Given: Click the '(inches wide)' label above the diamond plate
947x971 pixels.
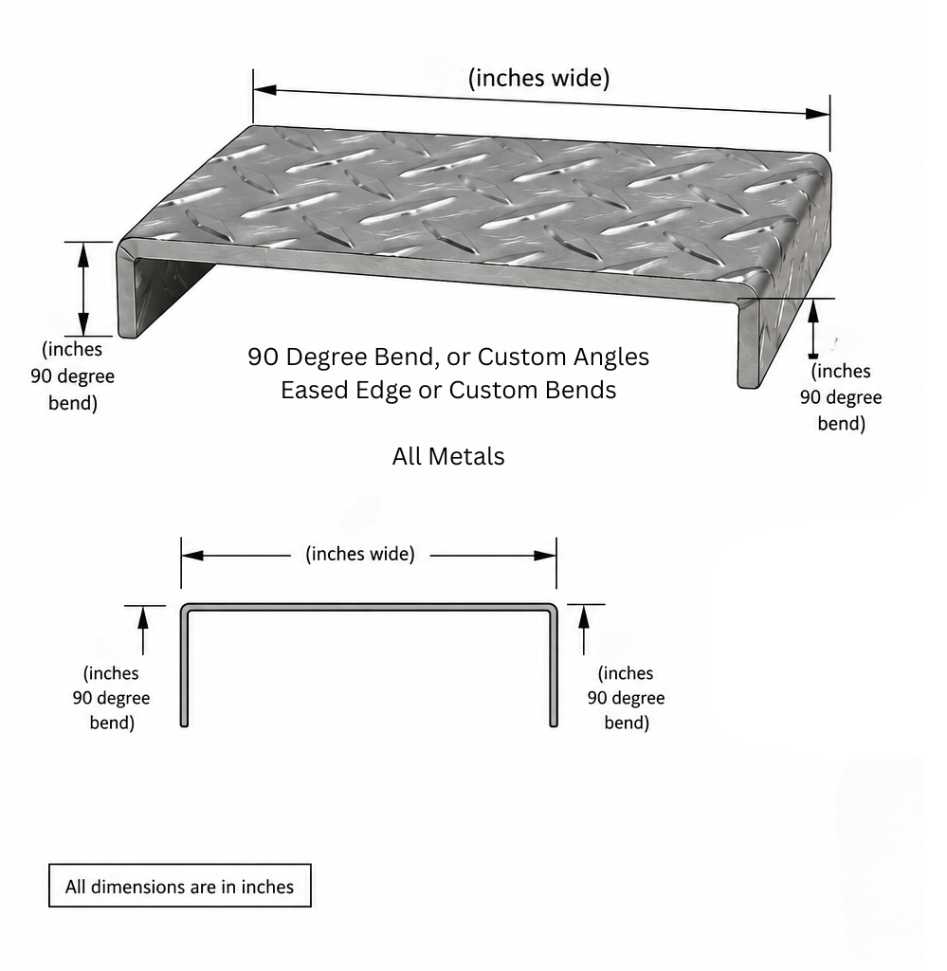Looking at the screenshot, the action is pos(538,78).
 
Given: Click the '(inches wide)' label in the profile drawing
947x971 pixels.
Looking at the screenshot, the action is pos(360,554).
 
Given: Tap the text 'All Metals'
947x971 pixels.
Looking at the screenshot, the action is pos(448,456).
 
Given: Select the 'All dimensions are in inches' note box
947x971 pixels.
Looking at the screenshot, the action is pos(179,886).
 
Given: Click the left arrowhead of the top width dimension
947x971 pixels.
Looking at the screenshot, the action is pos(264,90).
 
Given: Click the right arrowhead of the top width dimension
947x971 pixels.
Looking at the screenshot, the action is pos(818,114).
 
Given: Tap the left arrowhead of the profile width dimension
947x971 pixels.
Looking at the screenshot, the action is pos(192,556).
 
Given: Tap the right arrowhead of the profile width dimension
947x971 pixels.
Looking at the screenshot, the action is pos(545,556).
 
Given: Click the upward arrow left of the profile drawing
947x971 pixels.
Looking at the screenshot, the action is pos(143,631).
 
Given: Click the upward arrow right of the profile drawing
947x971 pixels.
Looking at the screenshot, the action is pos(583,631).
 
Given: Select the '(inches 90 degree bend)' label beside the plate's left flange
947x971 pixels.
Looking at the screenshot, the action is pos(72,376).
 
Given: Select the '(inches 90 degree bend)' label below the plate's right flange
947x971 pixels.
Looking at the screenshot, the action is pos(841,397).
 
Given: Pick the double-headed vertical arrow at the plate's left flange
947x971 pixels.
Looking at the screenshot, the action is pos(82,289).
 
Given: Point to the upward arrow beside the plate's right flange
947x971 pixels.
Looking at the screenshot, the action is pos(813,329).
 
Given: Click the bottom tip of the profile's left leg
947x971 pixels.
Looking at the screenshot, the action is pos(184,725).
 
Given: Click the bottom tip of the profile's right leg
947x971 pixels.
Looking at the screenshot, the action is pos(554,725).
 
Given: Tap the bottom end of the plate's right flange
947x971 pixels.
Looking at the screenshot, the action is pos(748,387).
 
